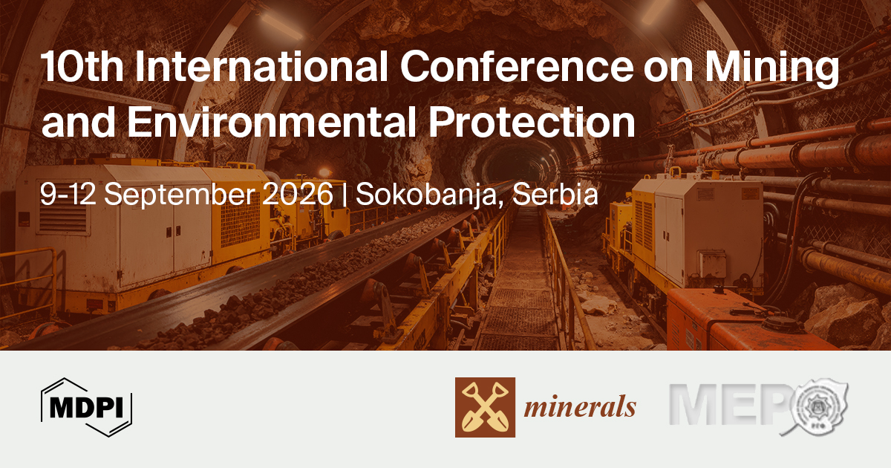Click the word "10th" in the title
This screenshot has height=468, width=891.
[82, 66]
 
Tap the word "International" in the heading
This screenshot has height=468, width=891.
[261, 66]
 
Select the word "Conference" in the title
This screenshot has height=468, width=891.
[516, 66]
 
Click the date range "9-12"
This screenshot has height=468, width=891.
[68, 194]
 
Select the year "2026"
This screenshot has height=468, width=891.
[298, 194]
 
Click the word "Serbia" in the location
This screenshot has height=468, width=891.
[555, 193]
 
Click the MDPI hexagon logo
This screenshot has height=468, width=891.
[86, 407]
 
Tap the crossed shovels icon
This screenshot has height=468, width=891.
[485, 407]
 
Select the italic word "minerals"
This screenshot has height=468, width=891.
[580, 407]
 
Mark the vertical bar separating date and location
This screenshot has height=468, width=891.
[345, 195]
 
